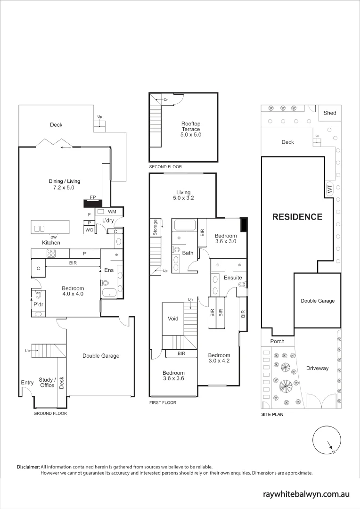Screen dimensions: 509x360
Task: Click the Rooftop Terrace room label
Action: pyautogui.click(x=191, y=129)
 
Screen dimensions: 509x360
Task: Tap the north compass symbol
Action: pyautogui.click(x=327, y=440)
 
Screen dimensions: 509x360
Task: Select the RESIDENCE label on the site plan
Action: pyautogui.click(x=297, y=217)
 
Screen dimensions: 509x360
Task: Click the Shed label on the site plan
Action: pyautogui.click(x=330, y=113)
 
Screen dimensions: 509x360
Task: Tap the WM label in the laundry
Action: pyautogui.click(x=112, y=212)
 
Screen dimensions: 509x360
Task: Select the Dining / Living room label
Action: pyautogui.click(x=65, y=184)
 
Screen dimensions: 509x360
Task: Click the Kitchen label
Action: pyautogui.click(x=51, y=243)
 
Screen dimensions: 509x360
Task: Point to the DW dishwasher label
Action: pyautogui.click(x=54, y=237)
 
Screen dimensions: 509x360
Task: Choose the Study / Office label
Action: pyautogui.click(x=47, y=382)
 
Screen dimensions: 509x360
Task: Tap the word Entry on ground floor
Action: pyautogui.click(x=27, y=383)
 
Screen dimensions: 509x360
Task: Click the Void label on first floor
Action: pyautogui.click(x=173, y=319)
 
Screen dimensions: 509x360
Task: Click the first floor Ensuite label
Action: pyautogui.click(x=233, y=278)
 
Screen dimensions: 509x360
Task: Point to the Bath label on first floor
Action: pyautogui.click(x=188, y=253)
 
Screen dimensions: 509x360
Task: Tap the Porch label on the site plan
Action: pyautogui.click(x=278, y=341)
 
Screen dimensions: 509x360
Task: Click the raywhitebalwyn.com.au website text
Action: pyautogui.click(x=306, y=494)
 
